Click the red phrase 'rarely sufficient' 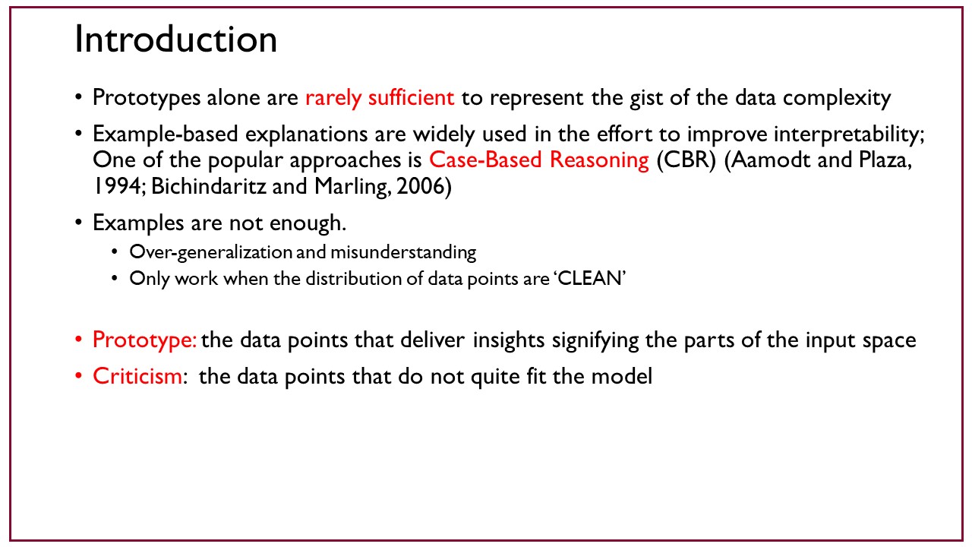380,98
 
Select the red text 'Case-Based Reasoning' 539,160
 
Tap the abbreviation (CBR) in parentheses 686,160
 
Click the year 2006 420,186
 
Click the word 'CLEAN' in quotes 590,279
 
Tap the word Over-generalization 211,252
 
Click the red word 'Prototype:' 145,340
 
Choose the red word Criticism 137,376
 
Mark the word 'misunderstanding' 403,252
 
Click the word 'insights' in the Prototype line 509,340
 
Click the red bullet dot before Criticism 78,375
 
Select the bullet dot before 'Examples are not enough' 78,223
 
